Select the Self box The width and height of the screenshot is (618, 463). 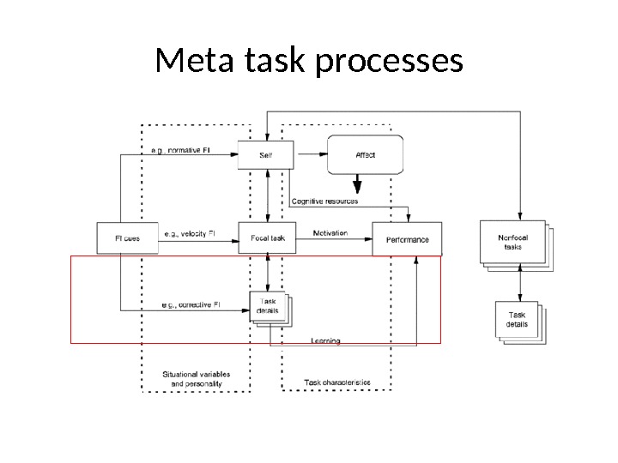(266, 155)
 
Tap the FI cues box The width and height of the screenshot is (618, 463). (127, 238)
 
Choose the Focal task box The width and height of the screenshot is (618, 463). (268, 238)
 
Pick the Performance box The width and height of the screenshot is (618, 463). (407, 239)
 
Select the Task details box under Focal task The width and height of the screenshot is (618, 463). (270, 307)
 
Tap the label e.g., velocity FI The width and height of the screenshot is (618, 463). (188, 233)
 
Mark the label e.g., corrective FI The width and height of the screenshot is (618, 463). (191, 304)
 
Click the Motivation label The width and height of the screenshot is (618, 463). (330, 233)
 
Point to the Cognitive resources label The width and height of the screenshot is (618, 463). (324, 201)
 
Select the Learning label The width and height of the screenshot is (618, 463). (325, 341)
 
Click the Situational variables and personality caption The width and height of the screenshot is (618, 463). (196, 379)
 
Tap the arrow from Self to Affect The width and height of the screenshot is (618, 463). (312, 155)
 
